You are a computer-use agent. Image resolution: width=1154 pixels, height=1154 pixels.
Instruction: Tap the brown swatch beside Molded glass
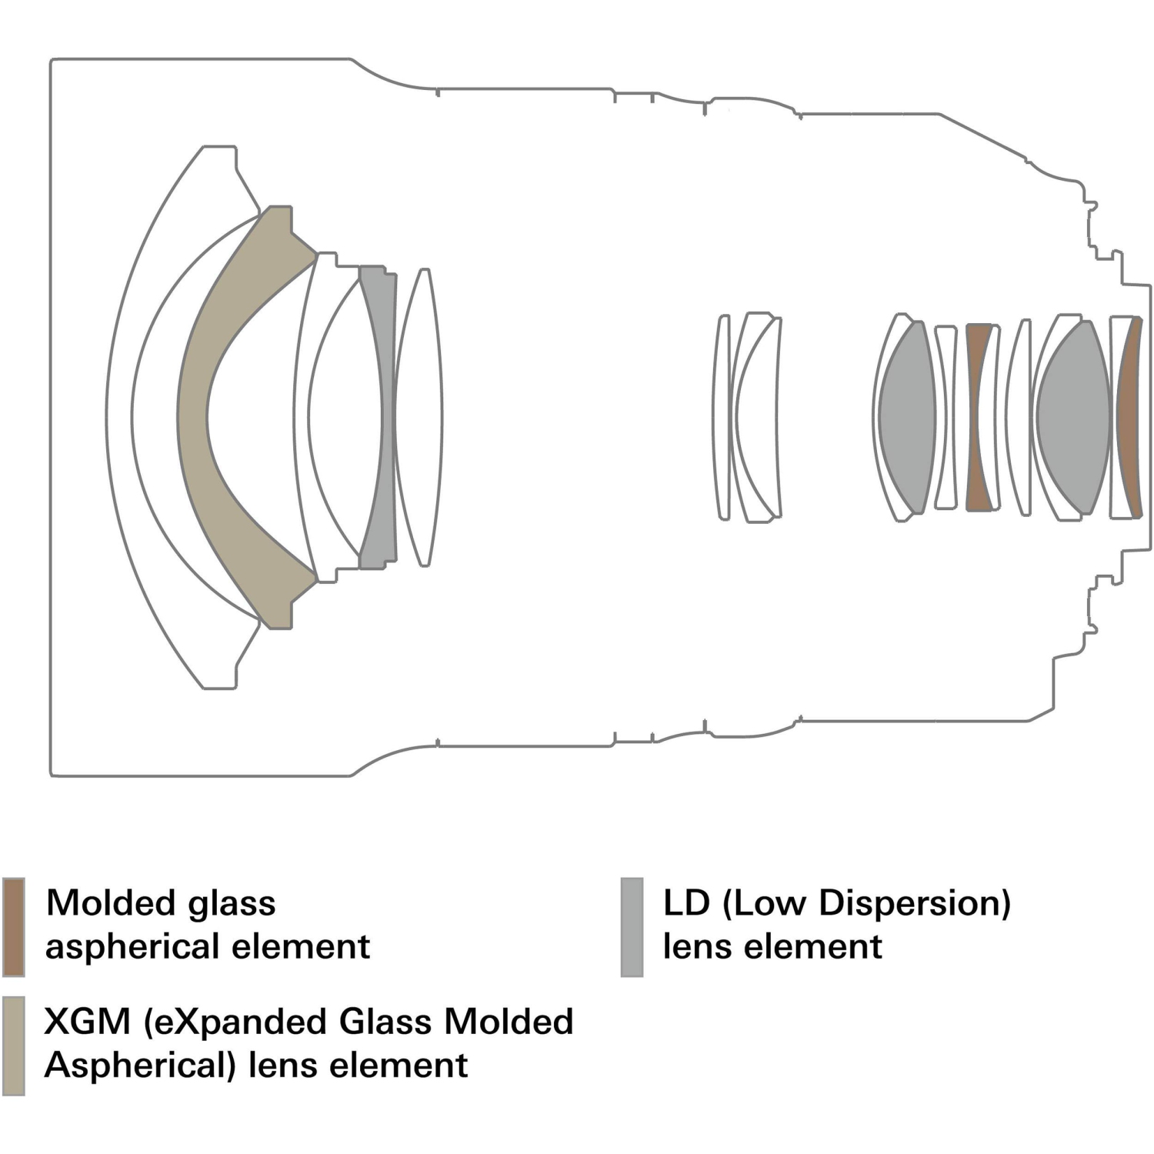(x=14, y=926)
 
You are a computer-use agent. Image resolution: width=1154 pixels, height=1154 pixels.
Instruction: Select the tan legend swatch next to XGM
(x=14, y=1046)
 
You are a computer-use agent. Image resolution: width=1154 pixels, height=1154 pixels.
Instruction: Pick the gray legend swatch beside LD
(x=632, y=926)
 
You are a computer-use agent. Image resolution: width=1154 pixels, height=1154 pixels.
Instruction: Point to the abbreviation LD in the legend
(x=686, y=903)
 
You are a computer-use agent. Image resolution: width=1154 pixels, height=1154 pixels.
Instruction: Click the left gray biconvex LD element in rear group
(x=907, y=416)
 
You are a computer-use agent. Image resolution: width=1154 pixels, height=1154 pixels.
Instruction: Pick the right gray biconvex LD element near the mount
(x=1073, y=416)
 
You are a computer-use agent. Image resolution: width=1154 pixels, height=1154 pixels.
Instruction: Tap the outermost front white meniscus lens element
(x=119, y=416)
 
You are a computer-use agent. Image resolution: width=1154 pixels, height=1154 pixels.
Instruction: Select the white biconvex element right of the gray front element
(x=419, y=416)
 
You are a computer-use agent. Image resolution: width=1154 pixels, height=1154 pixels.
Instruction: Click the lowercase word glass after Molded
(x=232, y=903)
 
